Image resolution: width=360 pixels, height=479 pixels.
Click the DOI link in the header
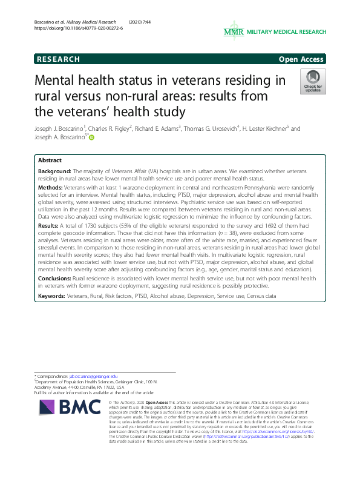[79, 28]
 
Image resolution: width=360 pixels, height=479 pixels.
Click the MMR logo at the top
[233, 31]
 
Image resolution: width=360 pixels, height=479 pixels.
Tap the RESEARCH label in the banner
[58, 59]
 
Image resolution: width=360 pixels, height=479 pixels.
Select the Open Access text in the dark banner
[302, 59]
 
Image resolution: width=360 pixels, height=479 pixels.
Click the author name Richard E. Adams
[163, 129]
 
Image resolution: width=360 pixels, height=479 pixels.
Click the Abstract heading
[50, 160]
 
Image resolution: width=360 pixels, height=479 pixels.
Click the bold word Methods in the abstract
[49, 189]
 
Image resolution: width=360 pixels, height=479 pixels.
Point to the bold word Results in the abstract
[48, 225]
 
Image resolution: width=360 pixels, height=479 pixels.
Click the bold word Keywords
[52, 296]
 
